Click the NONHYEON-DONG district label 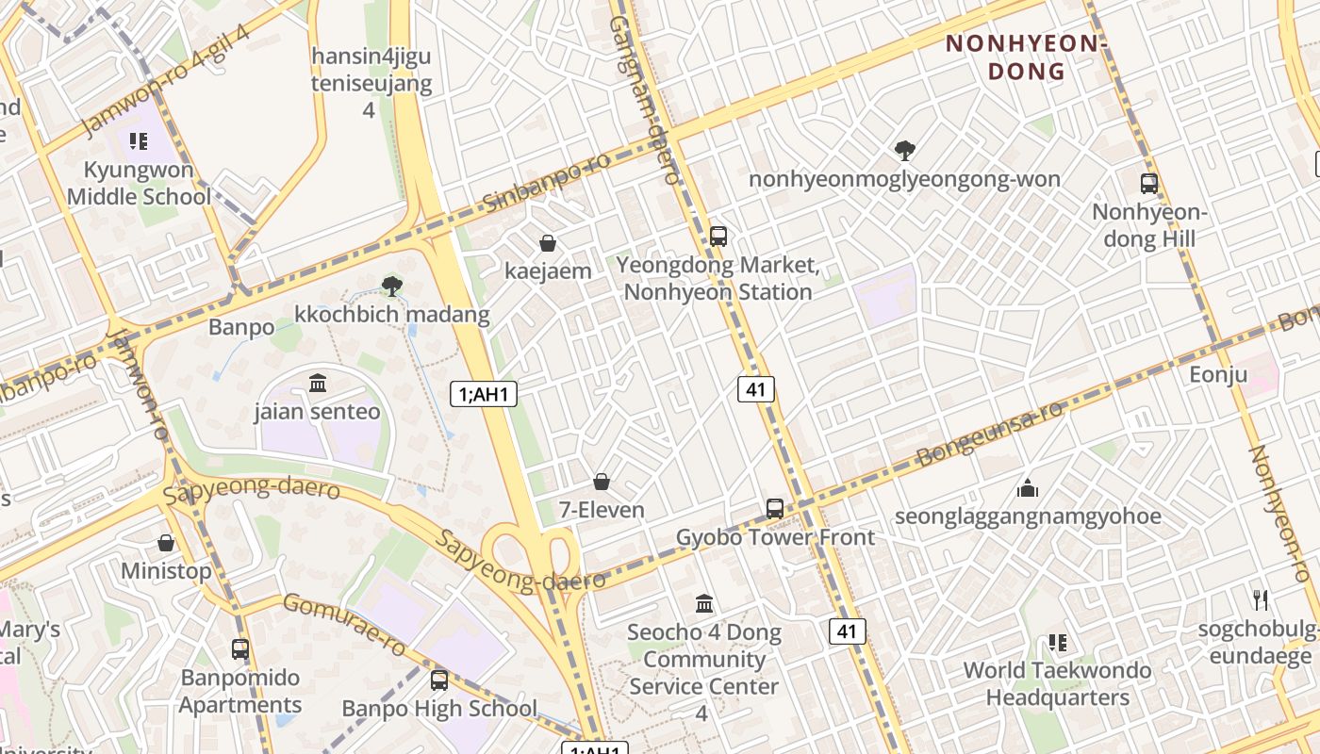(x=1025, y=57)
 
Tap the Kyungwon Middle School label (x=139, y=184)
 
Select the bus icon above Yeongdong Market (x=718, y=236)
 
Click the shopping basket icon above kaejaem (x=548, y=244)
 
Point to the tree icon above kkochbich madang (x=392, y=285)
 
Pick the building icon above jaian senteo (x=318, y=384)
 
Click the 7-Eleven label (x=602, y=510)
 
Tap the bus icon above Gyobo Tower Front (x=775, y=509)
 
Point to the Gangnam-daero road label (x=645, y=99)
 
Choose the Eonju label (x=1218, y=374)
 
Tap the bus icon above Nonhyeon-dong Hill (x=1148, y=184)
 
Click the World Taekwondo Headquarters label (x=1057, y=684)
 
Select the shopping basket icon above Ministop (x=166, y=543)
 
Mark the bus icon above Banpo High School (x=438, y=680)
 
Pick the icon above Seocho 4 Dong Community (x=703, y=603)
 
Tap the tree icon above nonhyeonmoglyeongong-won (x=904, y=150)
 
